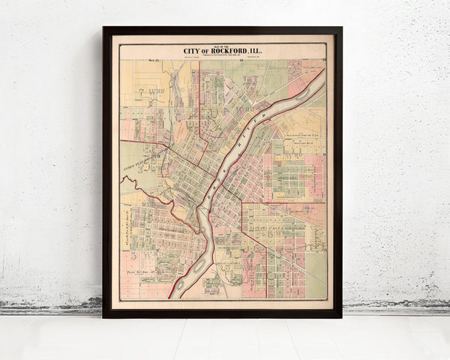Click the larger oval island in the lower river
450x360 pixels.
click(199, 264)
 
